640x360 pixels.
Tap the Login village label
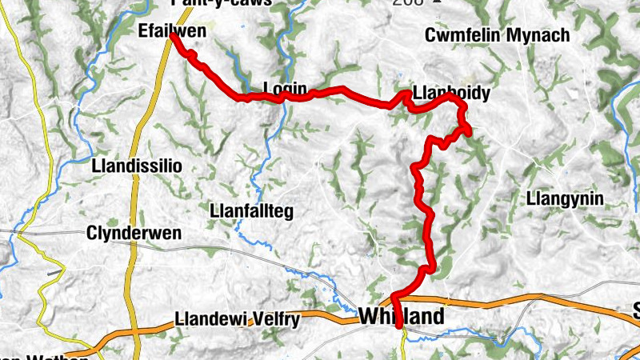(285, 90)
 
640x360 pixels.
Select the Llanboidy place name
(452, 93)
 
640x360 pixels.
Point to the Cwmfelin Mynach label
(497, 35)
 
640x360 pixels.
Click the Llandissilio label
(138, 166)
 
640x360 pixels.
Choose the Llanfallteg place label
(251, 211)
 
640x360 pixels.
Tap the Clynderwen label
(134, 234)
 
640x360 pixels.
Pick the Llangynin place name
(566, 198)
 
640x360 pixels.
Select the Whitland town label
(402, 317)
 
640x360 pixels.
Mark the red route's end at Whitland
(399, 326)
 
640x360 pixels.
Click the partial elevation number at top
(406, 2)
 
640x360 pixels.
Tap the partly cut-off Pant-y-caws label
(222, 2)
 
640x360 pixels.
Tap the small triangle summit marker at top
(435, 2)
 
